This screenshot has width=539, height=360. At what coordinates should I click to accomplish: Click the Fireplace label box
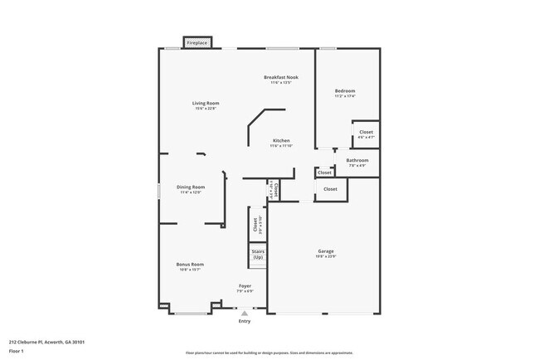point(197,41)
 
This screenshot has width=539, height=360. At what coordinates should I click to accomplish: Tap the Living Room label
point(206,103)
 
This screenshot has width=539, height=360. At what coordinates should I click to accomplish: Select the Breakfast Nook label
point(281,77)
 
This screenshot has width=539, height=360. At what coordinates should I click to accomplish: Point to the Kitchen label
point(281,141)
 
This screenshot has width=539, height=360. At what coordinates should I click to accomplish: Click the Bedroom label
point(345,90)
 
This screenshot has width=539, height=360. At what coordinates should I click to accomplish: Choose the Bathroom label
point(357,160)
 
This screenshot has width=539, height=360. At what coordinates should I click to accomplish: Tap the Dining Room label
point(191,187)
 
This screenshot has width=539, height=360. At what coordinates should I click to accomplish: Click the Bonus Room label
point(190,265)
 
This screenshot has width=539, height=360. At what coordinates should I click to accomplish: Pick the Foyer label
point(245,286)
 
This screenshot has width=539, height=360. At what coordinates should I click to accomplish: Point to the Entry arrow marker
point(244,314)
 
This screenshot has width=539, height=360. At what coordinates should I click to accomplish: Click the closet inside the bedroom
point(366,134)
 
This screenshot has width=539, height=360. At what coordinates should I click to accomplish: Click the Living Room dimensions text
point(206,108)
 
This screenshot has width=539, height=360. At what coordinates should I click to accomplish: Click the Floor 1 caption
point(17,351)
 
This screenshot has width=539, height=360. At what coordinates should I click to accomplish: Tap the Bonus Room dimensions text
point(190,270)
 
